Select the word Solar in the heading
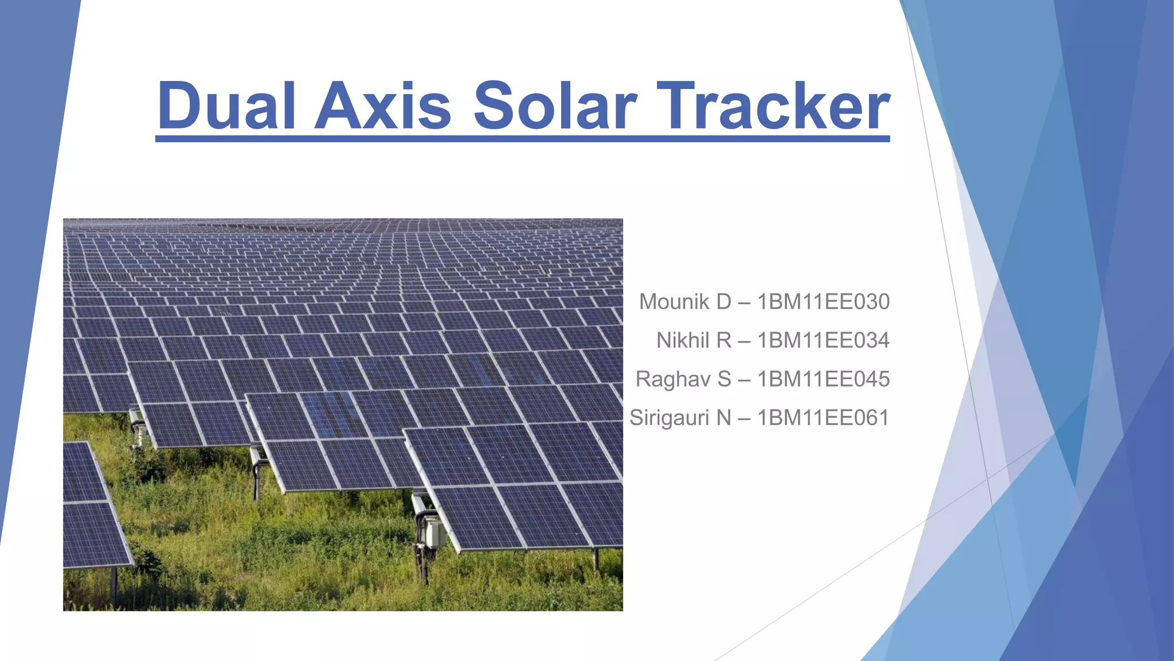(555, 106)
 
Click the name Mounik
(674, 302)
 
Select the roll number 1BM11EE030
(823, 302)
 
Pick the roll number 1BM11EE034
(823, 341)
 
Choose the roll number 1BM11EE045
(823, 379)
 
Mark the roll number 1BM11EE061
(823, 418)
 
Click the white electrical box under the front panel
(434, 533)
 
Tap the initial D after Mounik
(723, 302)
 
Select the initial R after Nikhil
(724, 341)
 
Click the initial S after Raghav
(725, 379)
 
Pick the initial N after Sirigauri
(724, 418)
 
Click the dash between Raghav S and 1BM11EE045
(744, 380)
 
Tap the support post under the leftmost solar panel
(114, 585)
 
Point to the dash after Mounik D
(744, 302)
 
